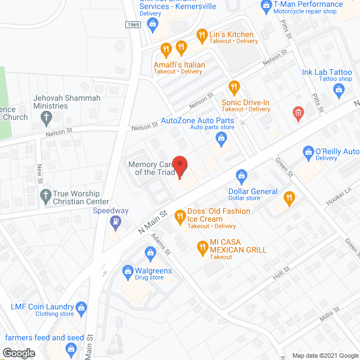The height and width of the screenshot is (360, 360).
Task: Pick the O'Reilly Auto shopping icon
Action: pos(308,151)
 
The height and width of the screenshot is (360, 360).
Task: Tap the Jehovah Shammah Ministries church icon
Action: pos(47,118)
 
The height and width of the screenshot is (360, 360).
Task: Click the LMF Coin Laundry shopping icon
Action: pos(82,308)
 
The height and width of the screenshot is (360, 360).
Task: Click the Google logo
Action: pos(18,353)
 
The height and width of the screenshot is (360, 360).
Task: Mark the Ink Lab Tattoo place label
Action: pos(327,73)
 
